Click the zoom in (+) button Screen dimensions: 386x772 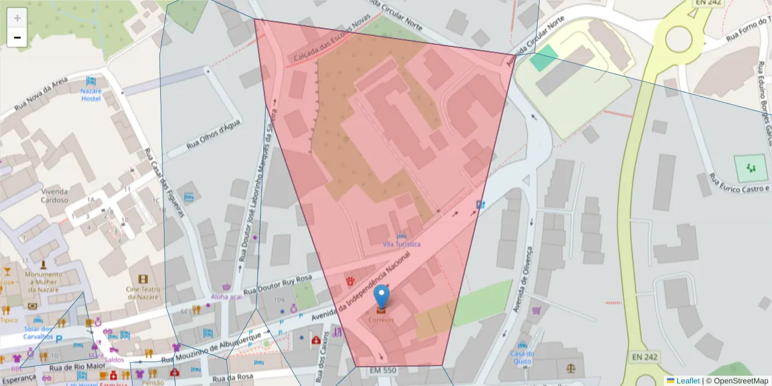[17, 18]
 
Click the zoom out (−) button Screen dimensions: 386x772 [17, 37]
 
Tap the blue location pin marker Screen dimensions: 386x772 [382, 297]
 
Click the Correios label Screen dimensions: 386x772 [381, 320]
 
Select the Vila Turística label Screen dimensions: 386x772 [401, 244]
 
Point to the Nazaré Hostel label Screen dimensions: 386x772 [91, 95]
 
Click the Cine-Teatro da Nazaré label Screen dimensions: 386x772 [143, 292]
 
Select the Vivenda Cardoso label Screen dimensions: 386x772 [55, 195]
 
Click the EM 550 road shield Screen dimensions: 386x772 [384, 371]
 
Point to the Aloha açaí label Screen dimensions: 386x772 [226, 297]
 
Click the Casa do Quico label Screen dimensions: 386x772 [522, 357]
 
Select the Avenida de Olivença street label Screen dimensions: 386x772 [522, 279]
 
